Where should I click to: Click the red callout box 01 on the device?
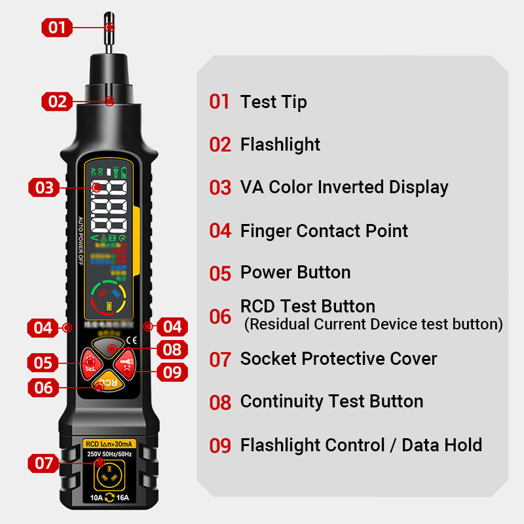coord(57,28)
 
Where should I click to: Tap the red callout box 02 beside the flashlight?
coord(57,101)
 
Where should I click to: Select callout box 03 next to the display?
coord(44,187)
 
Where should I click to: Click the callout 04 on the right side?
coord(172,326)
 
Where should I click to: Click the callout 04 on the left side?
coord(43,326)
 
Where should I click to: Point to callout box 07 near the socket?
coord(44,463)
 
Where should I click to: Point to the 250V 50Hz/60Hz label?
coord(109,454)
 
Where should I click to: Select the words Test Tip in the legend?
coord(273,102)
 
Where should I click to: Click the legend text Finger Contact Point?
coord(324,231)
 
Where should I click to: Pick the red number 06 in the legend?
coord(220,316)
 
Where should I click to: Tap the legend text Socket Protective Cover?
coord(338,358)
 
